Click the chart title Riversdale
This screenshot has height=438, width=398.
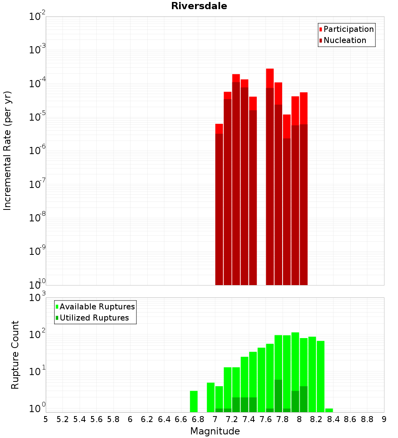point(199,6)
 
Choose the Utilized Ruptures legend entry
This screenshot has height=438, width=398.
point(94,318)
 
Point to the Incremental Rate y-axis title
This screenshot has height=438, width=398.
point(8,151)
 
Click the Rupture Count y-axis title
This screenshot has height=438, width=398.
point(15,355)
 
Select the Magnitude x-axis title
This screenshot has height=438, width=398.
point(215,431)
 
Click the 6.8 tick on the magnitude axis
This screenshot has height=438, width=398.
point(198,419)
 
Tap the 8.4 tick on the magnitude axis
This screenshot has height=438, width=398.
point(333,419)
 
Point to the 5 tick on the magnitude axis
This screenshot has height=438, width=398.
point(46,419)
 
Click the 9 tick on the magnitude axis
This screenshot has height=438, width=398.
point(384,419)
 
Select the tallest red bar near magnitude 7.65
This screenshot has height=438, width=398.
point(270,78)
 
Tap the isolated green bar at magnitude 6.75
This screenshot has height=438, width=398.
point(194,401)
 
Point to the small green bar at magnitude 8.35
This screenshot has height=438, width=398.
point(329,410)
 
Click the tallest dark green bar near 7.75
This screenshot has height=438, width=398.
point(278,396)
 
